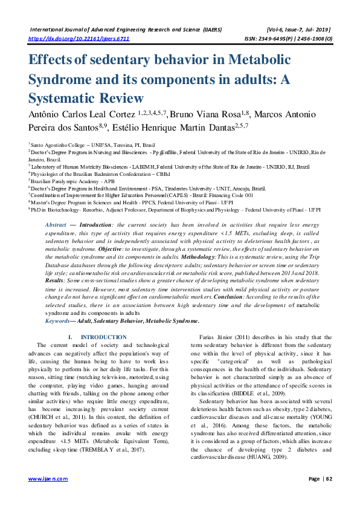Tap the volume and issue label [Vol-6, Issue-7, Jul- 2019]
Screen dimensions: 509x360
(298, 28)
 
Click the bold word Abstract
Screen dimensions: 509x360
(56, 224)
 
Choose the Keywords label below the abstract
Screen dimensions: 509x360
(59, 321)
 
